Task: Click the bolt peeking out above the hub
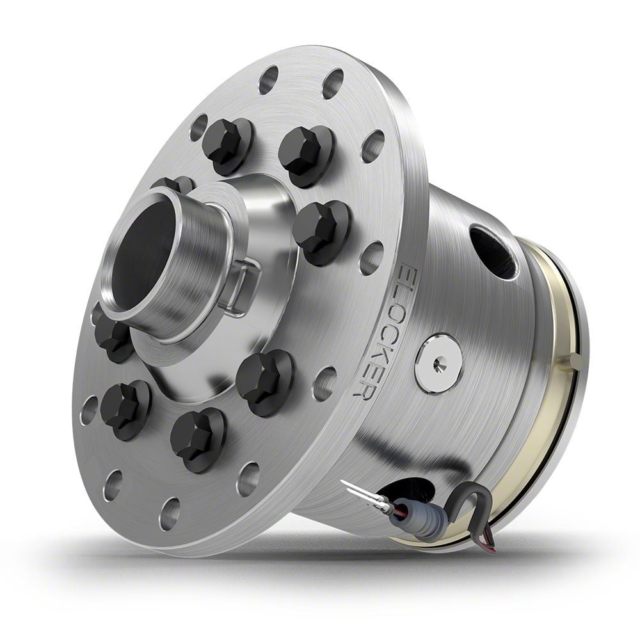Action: pyautogui.click(x=173, y=184)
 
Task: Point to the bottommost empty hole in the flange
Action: pyautogui.click(x=169, y=512)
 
